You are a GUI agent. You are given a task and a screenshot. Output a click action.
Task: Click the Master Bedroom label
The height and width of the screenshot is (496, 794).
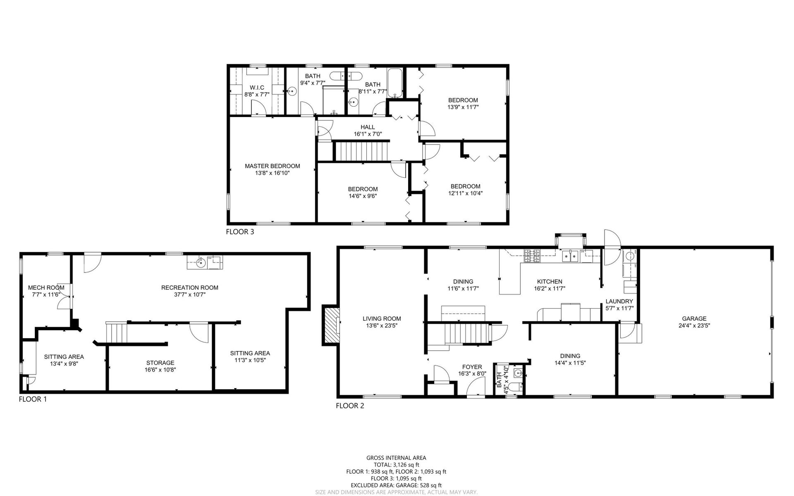(x=272, y=166)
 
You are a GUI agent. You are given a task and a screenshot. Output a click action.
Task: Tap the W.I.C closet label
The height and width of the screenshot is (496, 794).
(x=256, y=88)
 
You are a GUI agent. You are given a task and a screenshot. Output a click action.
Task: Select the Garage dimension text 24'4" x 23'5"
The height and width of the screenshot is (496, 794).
(x=694, y=325)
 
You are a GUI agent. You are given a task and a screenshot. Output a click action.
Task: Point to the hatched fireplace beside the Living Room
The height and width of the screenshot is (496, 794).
(x=331, y=324)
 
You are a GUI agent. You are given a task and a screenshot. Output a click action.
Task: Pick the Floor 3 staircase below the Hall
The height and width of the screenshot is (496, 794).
(x=362, y=151)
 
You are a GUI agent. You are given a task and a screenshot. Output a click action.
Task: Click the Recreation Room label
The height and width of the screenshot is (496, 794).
(x=189, y=288)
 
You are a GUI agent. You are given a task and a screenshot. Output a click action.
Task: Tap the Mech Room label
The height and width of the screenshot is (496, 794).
(x=46, y=288)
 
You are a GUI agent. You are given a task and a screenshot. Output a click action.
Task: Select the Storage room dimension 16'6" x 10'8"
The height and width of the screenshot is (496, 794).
(x=160, y=370)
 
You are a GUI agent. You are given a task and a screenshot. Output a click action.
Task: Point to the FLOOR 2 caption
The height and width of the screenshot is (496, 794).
(x=350, y=406)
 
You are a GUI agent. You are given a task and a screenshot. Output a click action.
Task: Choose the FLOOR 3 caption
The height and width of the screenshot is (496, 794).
(x=240, y=232)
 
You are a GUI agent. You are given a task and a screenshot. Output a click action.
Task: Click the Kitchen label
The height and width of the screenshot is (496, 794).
(x=550, y=282)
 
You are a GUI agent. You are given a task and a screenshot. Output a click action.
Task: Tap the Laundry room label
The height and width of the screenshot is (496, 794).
(x=619, y=301)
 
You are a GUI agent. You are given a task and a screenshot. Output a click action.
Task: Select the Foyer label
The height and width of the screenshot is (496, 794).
(x=472, y=367)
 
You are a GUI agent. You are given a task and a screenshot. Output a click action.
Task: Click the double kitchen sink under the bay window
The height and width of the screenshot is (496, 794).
(x=571, y=256)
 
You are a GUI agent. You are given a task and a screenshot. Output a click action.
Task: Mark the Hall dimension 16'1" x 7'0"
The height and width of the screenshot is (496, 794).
(x=368, y=134)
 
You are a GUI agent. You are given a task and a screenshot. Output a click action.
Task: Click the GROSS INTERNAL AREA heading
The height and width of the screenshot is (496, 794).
(x=396, y=458)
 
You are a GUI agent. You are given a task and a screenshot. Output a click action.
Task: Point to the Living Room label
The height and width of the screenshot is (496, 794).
(x=382, y=319)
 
